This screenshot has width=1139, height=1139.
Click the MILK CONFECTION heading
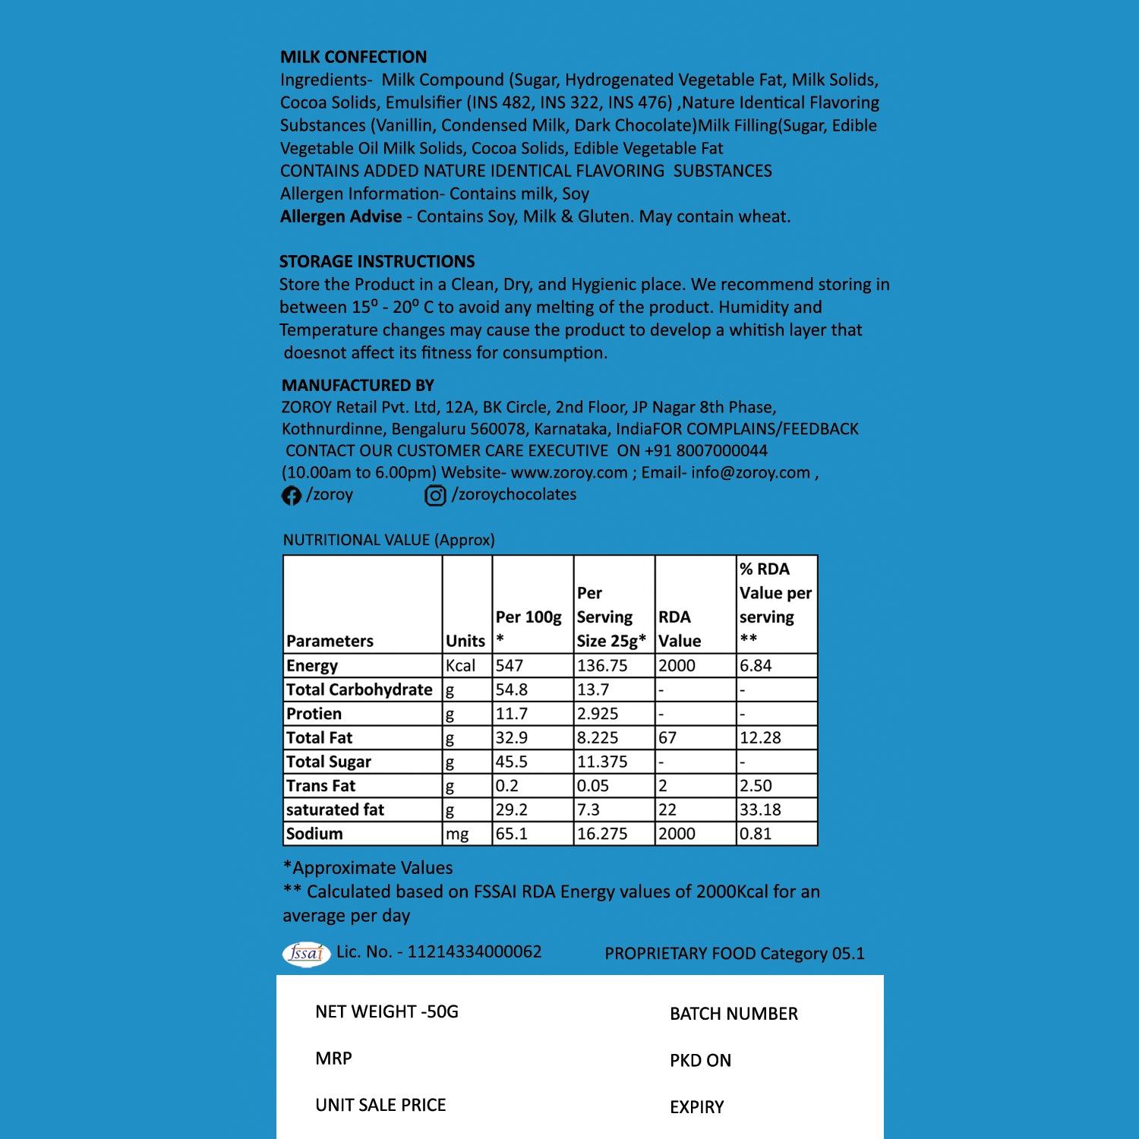click(x=353, y=57)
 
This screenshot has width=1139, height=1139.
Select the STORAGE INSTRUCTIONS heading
click(x=377, y=262)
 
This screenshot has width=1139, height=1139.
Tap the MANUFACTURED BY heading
click(x=358, y=386)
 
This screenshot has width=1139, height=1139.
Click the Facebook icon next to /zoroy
click(x=292, y=496)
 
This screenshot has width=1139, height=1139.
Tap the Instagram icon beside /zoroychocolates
click(x=435, y=496)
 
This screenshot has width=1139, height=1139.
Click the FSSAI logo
click(x=306, y=953)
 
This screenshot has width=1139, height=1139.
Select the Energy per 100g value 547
click(x=510, y=666)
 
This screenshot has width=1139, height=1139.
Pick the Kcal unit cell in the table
click(x=461, y=666)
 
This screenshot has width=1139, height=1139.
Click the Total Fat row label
click(x=320, y=738)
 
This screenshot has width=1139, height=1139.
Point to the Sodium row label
click(x=314, y=834)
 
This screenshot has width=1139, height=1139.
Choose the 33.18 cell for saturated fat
click(x=760, y=810)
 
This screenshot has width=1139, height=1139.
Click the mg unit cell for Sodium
click(x=457, y=834)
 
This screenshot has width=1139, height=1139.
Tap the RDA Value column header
click(x=680, y=629)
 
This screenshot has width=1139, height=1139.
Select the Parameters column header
click(x=330, y=641)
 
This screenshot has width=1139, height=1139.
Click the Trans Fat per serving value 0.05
click(x=592, y=786)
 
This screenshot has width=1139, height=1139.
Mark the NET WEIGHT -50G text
click(x=387, y=1012)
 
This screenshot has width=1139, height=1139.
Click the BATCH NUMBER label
click(x=734, y=1014)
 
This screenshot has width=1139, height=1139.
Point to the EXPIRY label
click(x=696, y=1107)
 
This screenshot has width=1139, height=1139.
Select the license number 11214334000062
click(x=475, y=952)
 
